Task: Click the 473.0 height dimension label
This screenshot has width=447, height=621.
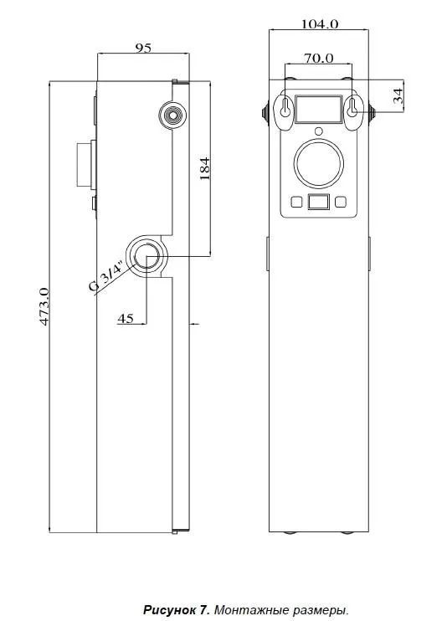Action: pos(44,307)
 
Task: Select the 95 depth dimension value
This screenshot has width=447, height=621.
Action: pos(143,48)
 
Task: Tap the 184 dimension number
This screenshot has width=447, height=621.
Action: pos(204,169)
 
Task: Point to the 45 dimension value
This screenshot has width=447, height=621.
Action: pos(126,318)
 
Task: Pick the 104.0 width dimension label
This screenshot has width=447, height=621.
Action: pos(320,24)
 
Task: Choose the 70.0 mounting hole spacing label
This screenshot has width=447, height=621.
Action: pos(319,59)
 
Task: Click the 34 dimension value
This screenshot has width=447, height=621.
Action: pos(398,96)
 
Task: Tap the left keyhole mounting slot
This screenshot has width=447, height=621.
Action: pos(285,107)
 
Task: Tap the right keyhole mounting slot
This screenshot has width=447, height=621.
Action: pos(352,107)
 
